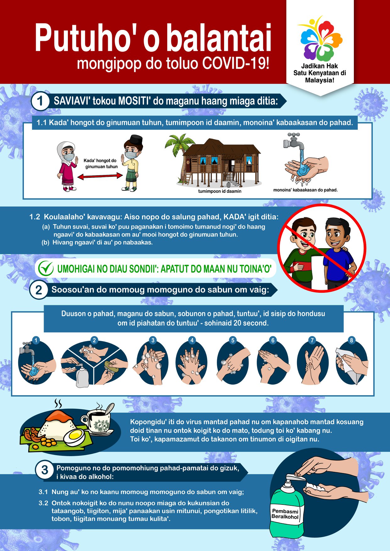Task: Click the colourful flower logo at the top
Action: (x=320, y=38)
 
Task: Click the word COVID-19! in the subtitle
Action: (x=236, y=63)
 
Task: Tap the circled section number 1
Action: (x=40, y=101)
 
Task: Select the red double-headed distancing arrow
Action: (x=100, y=176)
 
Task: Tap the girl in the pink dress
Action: (x=67, y=166)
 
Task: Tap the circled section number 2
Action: (x=38, y=290)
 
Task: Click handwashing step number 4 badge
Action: (x=192, y=340)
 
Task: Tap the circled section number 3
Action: (x=45, y=470)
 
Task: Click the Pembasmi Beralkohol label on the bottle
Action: (x=285, y=514)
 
